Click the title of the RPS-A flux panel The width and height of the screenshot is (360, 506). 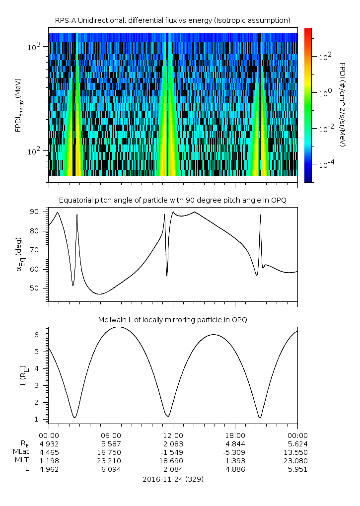pos(172,20)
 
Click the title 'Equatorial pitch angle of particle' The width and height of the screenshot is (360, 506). pos(172,200)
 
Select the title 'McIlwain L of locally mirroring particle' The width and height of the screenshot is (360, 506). pos(172,319)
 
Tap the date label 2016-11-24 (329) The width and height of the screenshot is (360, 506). pos(172,479)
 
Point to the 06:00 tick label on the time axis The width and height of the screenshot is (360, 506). pos(111,434)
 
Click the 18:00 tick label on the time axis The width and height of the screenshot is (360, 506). pos(235,434)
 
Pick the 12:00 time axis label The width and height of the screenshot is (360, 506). pos(173,434)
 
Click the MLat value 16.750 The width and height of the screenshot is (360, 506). pos(111,452)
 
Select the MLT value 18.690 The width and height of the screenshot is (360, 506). pos(173,461)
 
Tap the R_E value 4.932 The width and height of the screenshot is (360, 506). pos(49,443)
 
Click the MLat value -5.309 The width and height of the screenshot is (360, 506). pos(235,452)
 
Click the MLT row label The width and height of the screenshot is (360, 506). pos(22,461)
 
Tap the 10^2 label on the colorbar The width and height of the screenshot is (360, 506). pos(325,57)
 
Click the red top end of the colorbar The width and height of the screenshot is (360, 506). pos(308,31)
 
